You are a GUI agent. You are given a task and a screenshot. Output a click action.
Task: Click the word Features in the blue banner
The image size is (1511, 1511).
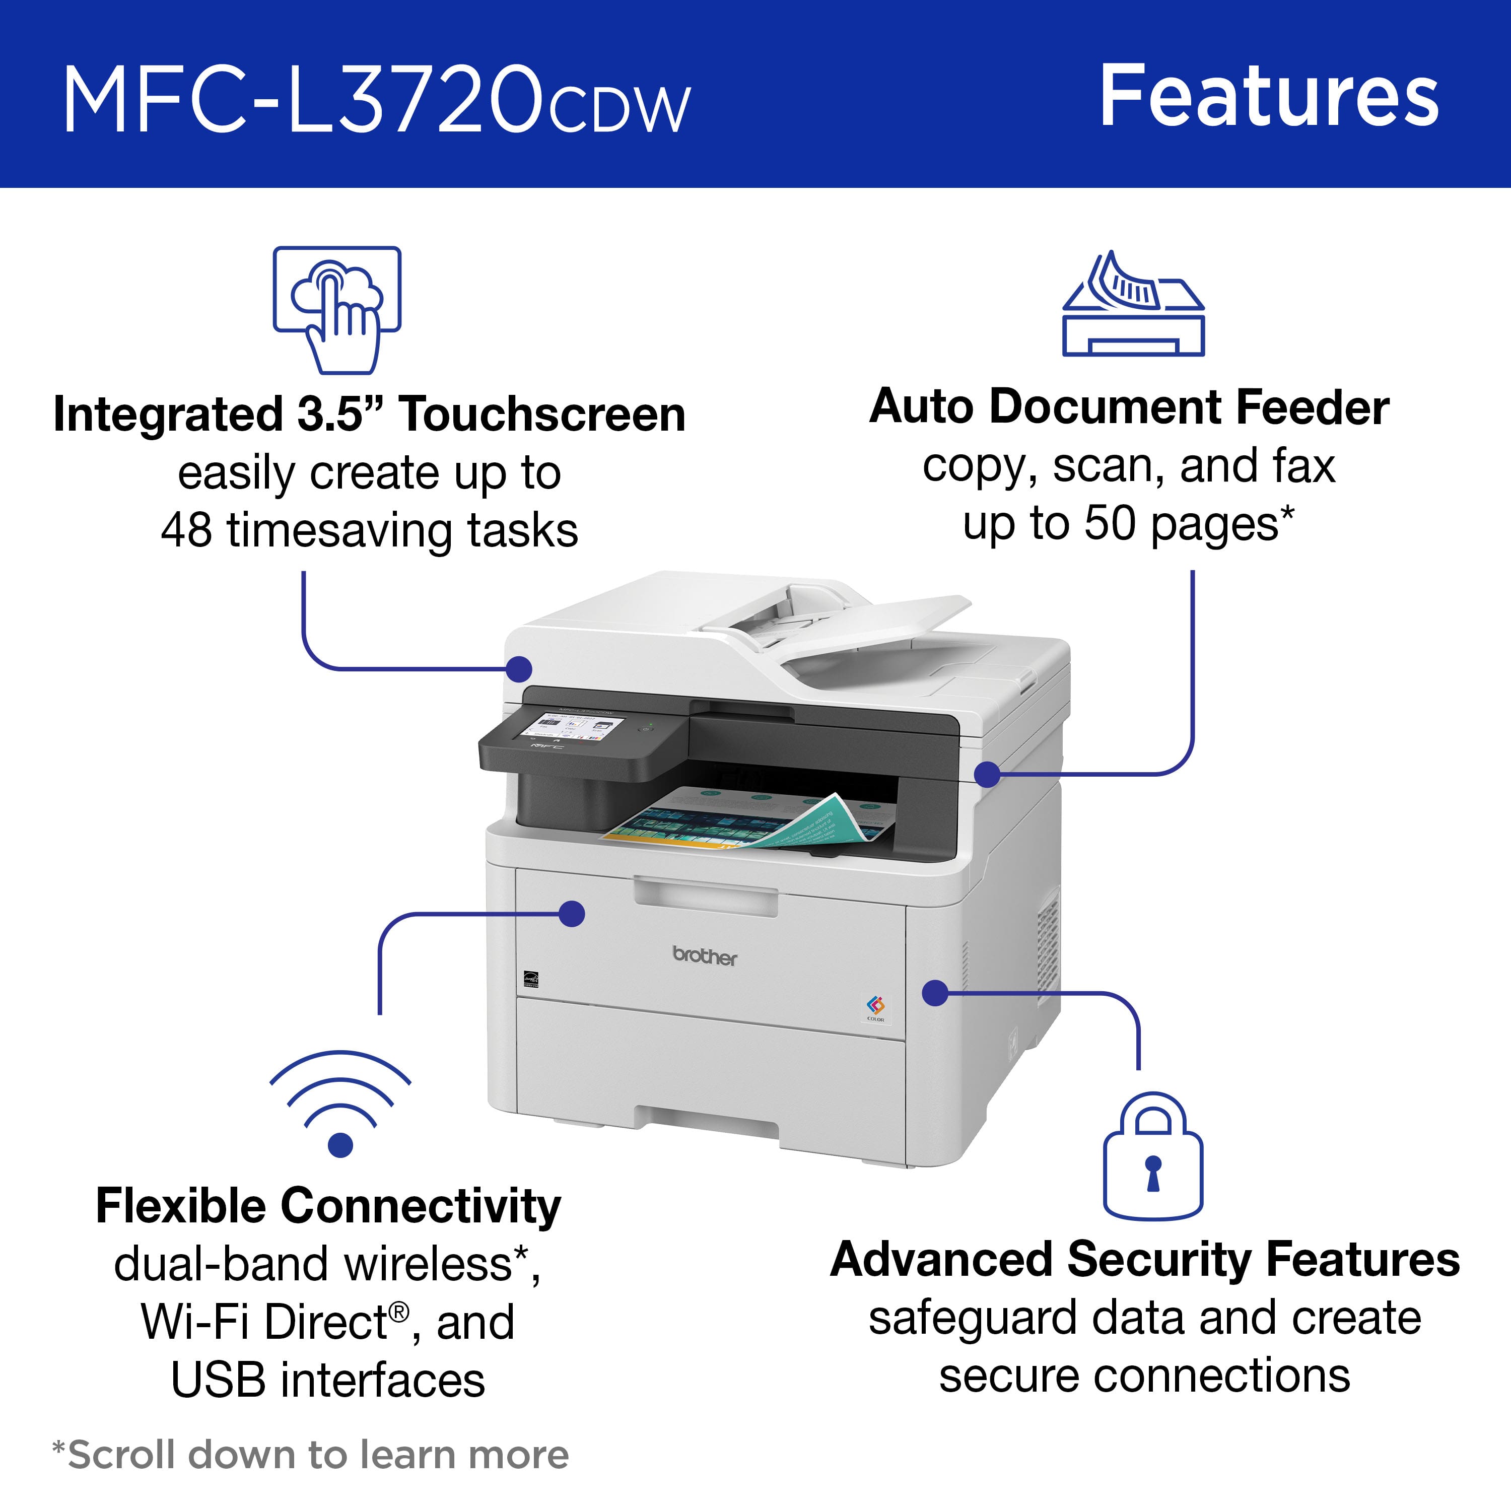[1269, 97]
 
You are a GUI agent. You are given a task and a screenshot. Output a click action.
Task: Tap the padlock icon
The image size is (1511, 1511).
[1152, 1157]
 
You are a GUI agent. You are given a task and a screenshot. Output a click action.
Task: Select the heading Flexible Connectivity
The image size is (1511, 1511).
[328, 1205]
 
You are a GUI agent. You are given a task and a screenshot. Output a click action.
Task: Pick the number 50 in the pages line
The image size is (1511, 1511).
[1109, 523]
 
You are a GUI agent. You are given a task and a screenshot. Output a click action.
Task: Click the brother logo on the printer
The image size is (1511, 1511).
[705, 956]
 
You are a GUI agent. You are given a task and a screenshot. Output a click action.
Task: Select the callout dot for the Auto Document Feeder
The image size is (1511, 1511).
[988, 774]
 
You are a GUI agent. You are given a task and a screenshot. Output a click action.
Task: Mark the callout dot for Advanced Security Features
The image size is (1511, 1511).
[935, 993]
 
